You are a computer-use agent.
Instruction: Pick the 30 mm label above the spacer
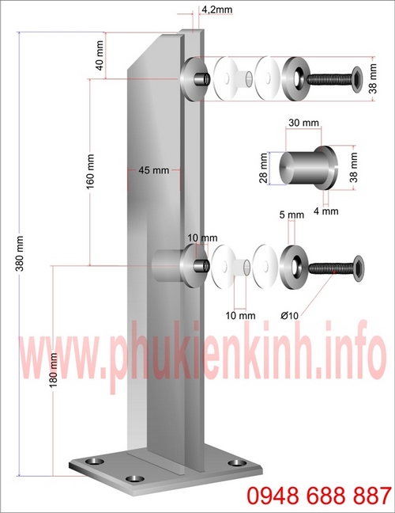[304, 123]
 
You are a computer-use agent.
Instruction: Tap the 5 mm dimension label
[292, 215]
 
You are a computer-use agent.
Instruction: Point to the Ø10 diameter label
[289, 315]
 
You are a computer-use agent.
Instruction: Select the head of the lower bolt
[357, 269]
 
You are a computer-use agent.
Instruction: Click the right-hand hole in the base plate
[234, 462]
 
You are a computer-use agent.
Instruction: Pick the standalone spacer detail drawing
[309, 167]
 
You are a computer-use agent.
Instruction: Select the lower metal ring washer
[293, 267]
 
